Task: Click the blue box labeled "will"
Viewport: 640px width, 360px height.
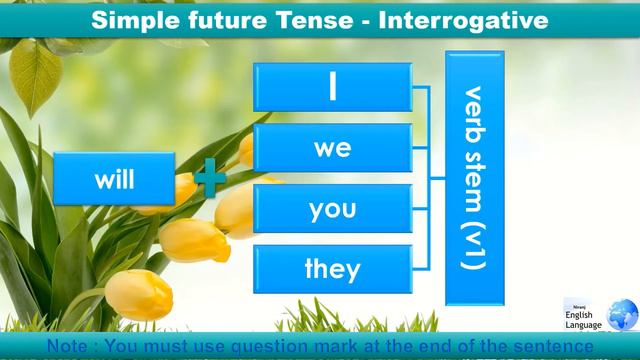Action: pos(114,180)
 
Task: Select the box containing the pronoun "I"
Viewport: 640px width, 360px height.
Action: pos(332,87)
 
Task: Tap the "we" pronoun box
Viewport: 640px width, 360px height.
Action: pos(332,148)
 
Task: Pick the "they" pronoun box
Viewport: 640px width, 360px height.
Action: pos(332,268)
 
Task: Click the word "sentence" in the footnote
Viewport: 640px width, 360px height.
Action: pos(552,346)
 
